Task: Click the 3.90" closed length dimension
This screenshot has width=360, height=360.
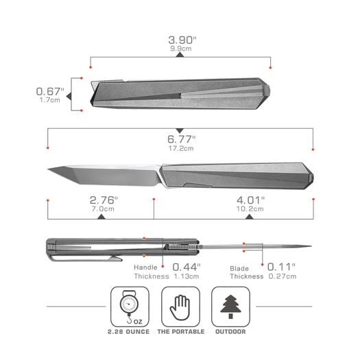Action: pyautogui.click(x=182, y=40)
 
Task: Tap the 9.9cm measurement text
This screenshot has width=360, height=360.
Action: pyautogui.click(x=181, y=49)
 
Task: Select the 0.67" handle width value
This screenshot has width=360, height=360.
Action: pyautogui.click(x=50, y=91)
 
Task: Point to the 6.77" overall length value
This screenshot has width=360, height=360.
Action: pyautogui.click(x=182, y=139)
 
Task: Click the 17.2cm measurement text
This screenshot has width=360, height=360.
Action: pyautogui.click(x=181, y=148)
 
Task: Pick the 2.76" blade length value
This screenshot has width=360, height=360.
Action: pyautogui.click(x=104, y=200)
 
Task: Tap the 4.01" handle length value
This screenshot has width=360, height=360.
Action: pyautogui.click(x=251, y=200)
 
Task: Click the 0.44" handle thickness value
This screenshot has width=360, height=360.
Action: pyautogui.click(x=187, y=267)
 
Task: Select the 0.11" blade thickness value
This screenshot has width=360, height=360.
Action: pyautogui.click(x=281, y=267)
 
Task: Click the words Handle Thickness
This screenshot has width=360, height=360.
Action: pyautogui.click(x=152, y=272)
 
